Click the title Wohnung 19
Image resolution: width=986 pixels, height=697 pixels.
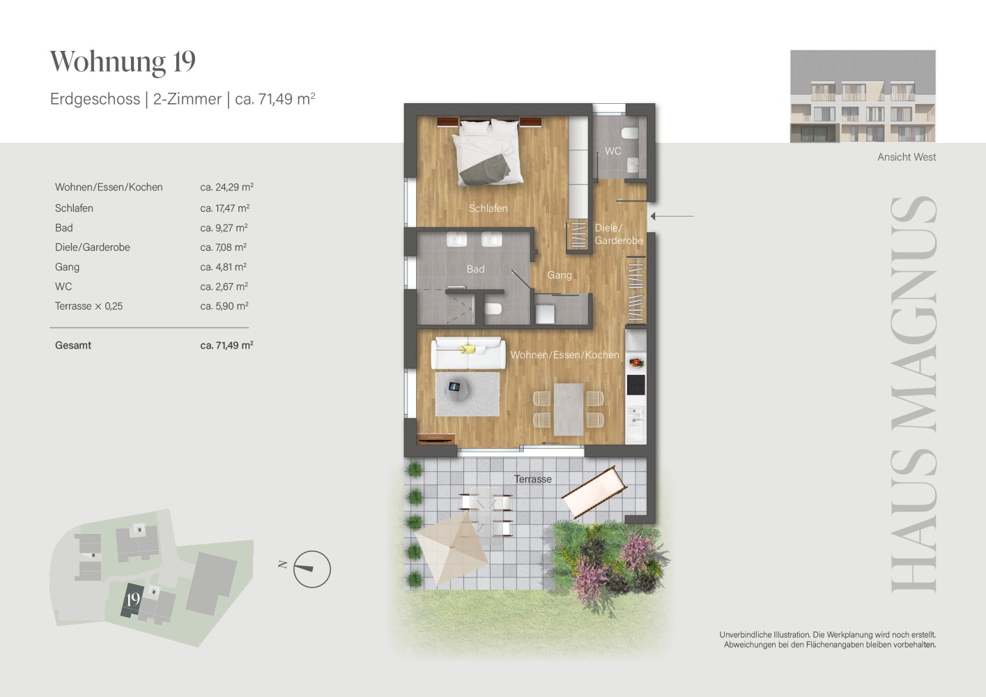pyautogui.click(x=123, y=61)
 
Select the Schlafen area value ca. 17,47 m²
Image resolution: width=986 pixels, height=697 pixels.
pyautogui.click(x=225, y=208)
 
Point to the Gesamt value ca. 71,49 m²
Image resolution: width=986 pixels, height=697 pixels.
pyautogui.click(x=226, y=345)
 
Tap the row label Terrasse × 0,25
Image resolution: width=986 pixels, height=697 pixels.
pyautogui.click(x=89, y=306)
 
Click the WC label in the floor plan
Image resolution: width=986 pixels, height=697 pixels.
pyautogui.click(x=613, y=151)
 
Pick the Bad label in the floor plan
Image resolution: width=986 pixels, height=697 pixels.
pyautogui.click(x=475, y=269)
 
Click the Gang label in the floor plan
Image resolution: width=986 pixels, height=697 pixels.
pyautogui.click(x=560, y=275)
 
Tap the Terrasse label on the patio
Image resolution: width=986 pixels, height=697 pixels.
pyautogui.click(x=532, y=479)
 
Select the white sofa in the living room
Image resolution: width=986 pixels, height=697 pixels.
pyautogui.click(x=468, y=353)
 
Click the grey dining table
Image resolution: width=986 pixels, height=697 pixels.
pyautogui.click(x=569, y=410)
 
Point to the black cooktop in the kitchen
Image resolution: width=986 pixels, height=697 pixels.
pyautogui.click(x=635, y=385)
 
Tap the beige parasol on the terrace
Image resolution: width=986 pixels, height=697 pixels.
pyautogui.click(x=451, y=548)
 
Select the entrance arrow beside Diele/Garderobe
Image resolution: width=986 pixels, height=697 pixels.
pyautogui.click(x=672, y=216)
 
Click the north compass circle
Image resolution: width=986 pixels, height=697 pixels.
pyautogui.click(x=311, y=569)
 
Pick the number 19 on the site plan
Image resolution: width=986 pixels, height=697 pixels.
pyautogui.click(x=133, y=599)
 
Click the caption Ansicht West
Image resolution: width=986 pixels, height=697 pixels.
pyautogui.click(x=907, y=158)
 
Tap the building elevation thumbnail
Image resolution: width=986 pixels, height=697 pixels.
pyautogui.click(x=863, y=96)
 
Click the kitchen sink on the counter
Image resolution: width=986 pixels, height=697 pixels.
pyautogui.click(x=635, y=416)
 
